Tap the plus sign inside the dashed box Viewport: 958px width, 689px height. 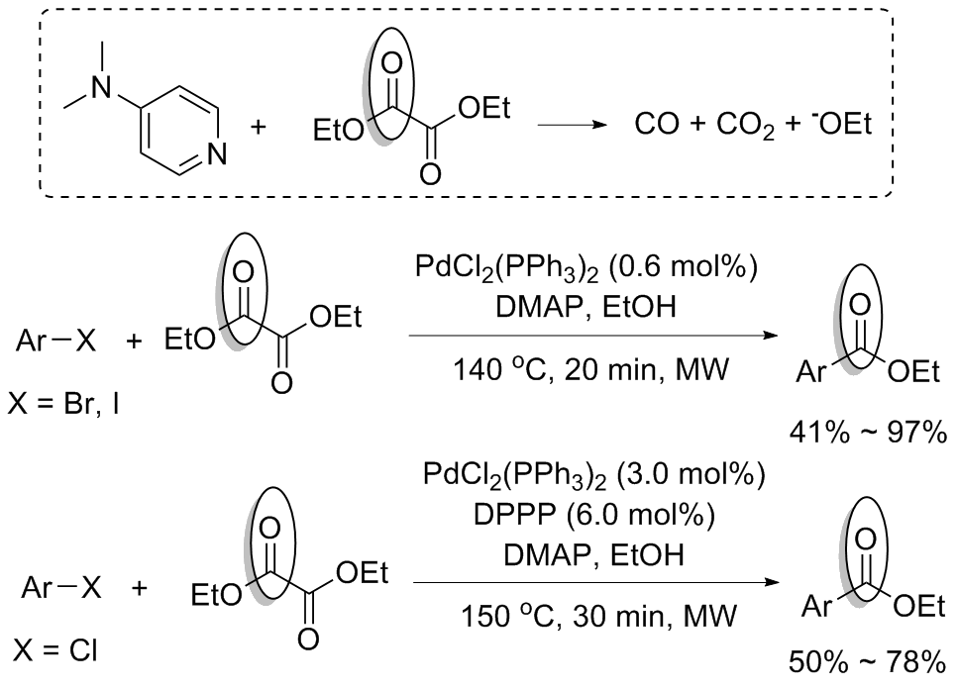pyautogui.click(x=263, y=131)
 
